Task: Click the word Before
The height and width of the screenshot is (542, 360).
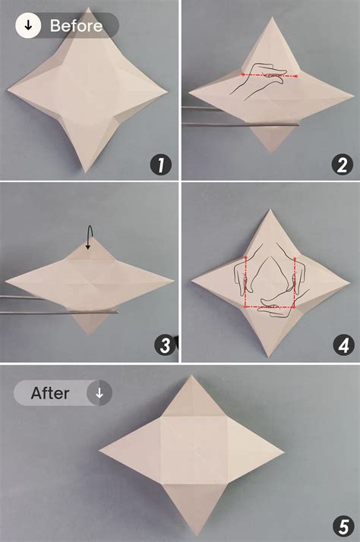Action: (x=76, y=26)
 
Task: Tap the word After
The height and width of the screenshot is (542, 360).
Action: (x=50, y=393)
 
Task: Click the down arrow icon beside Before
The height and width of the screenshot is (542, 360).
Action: (x=28, y=25)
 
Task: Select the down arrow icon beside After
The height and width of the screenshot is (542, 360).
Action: (x=99, y=393)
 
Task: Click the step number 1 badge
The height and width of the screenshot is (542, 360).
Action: (x=161, y=165)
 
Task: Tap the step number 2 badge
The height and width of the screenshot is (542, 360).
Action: (x=342, y=165)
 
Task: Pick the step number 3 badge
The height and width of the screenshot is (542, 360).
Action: (x=165, y=345)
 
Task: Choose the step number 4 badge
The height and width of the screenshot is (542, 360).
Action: (x=343, y=345)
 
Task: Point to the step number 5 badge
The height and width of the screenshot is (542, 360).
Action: (x=343, y=528)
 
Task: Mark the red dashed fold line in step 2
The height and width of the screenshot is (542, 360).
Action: (x=270, y=75)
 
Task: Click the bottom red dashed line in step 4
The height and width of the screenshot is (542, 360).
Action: (x=270, y=306)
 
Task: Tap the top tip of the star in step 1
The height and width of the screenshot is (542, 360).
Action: (x=89, y=8)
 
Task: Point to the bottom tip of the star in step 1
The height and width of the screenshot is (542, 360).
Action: (x=85, y=172)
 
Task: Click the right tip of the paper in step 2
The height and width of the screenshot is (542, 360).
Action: (x=353, y=96)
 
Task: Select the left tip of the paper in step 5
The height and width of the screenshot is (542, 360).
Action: (x=99, y=450)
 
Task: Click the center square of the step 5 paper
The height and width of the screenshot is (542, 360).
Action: (x=194, y=450)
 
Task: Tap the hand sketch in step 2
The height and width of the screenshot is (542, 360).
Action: (x=259, y=81)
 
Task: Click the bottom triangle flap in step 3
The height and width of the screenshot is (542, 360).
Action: (x=90, y=321)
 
